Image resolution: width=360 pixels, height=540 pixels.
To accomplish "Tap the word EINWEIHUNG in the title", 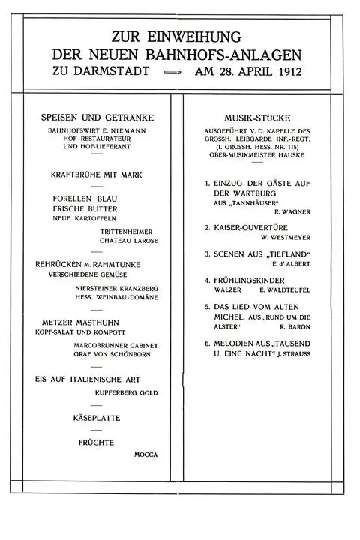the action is pyautogui.click(x=199, y=36).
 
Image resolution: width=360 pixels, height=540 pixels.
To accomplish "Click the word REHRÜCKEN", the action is pyautogui.click(x=64, y=264).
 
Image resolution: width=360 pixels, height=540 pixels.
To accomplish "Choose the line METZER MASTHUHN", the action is pyautogui.click(x=83, y=322).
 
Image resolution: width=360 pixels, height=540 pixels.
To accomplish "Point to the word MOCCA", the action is pyautogui.click(x=145, y=454).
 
